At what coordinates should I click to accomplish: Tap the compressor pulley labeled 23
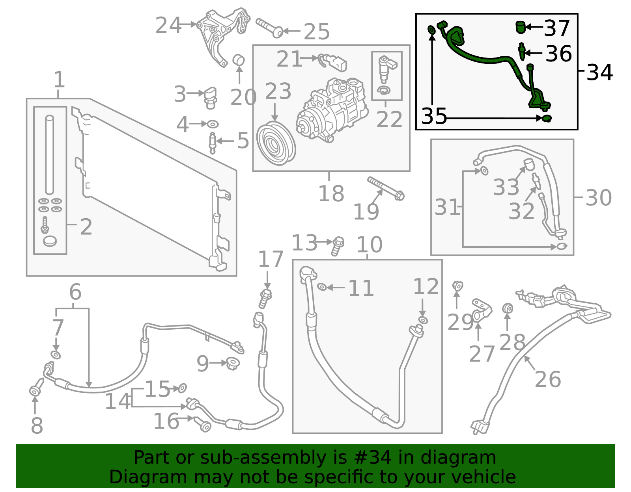tap(276, 143)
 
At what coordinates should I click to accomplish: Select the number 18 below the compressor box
tap(331, 194)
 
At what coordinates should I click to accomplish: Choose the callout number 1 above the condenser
tap(59, 80)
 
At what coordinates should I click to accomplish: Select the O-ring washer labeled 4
tap(213, 124)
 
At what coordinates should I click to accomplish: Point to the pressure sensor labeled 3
tap(210, 97)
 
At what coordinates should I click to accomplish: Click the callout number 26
tap(548, 379)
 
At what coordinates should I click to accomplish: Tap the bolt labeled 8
tap(36, 388)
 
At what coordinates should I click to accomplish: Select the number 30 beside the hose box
tap(598, 197)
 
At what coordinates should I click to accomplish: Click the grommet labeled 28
tap(508, 308)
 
